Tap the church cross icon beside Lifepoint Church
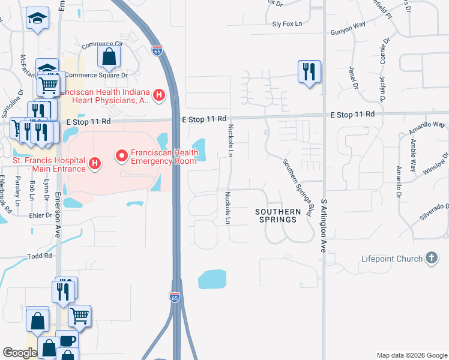coord(430,259)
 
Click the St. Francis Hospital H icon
coord(94,163)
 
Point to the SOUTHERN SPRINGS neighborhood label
coord(277,215)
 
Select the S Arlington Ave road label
coord(323,226)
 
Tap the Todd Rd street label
coord(40,256)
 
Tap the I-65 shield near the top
coord(157,50)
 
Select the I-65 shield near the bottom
coord(174,297)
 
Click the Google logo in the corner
coord(20,352)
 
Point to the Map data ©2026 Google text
coord(411,355)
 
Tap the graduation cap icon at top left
coord(37,18)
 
